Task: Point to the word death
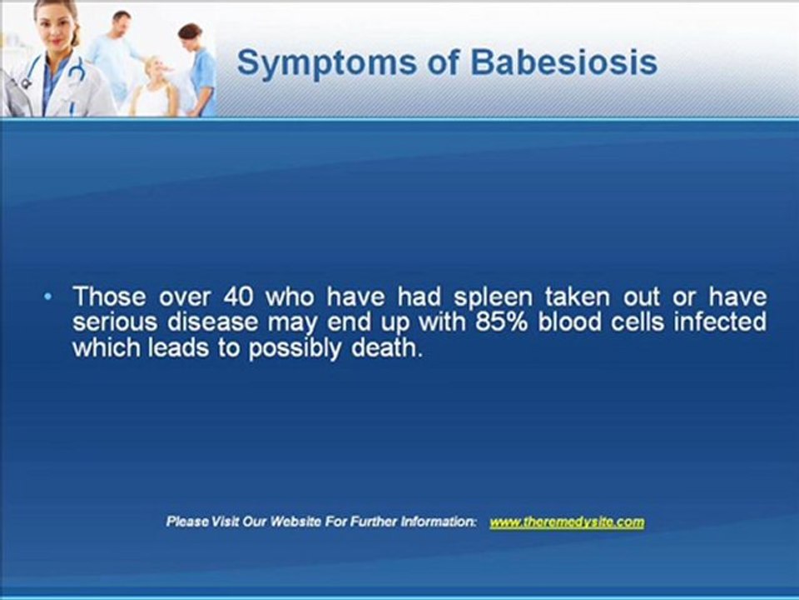coord(386,347)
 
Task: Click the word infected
coord(720,322)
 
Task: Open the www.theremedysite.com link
coord(567,522)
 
